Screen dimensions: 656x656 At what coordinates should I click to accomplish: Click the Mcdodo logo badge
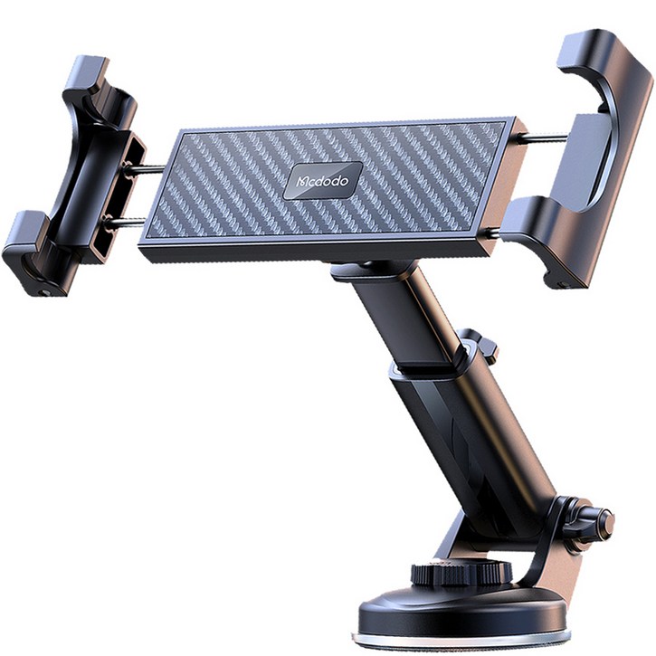322,180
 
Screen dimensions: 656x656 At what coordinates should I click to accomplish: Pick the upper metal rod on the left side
146,169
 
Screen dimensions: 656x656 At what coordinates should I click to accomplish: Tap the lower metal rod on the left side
125,223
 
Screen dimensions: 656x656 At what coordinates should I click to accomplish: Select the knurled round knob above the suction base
461,573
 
